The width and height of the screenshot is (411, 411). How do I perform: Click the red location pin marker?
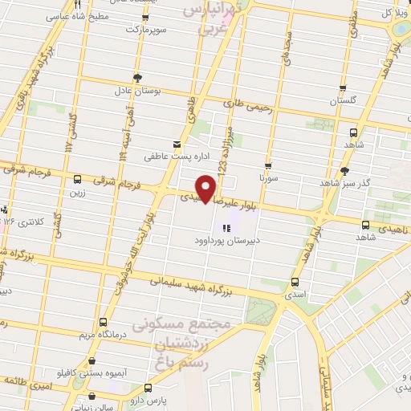[x=207, y=188]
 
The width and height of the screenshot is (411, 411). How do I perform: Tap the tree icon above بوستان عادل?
[x=138, y=78]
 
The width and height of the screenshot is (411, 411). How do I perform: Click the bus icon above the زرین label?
[x=77, y=179]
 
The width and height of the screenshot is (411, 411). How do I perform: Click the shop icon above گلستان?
[x=344, y=88]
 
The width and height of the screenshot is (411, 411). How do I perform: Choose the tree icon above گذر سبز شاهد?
[x=345, y=170]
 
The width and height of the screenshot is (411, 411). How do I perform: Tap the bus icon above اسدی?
[x=295, y=282]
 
